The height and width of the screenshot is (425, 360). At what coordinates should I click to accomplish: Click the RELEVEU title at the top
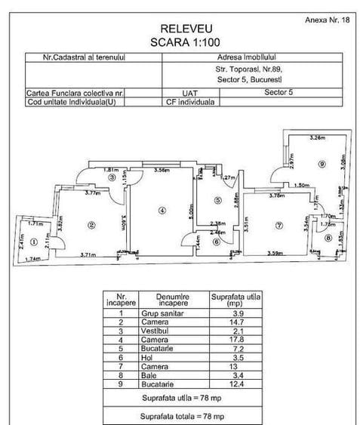point(180,28)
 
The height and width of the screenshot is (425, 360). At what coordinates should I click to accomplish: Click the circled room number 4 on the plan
point(161,211)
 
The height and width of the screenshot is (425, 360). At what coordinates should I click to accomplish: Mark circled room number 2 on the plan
point(91,223)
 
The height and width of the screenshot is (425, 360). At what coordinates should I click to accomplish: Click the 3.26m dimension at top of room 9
point(318,137)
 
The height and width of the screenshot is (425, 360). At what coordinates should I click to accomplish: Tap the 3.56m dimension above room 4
point(160,170)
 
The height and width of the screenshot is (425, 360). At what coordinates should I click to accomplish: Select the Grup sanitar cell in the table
point(161,313)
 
